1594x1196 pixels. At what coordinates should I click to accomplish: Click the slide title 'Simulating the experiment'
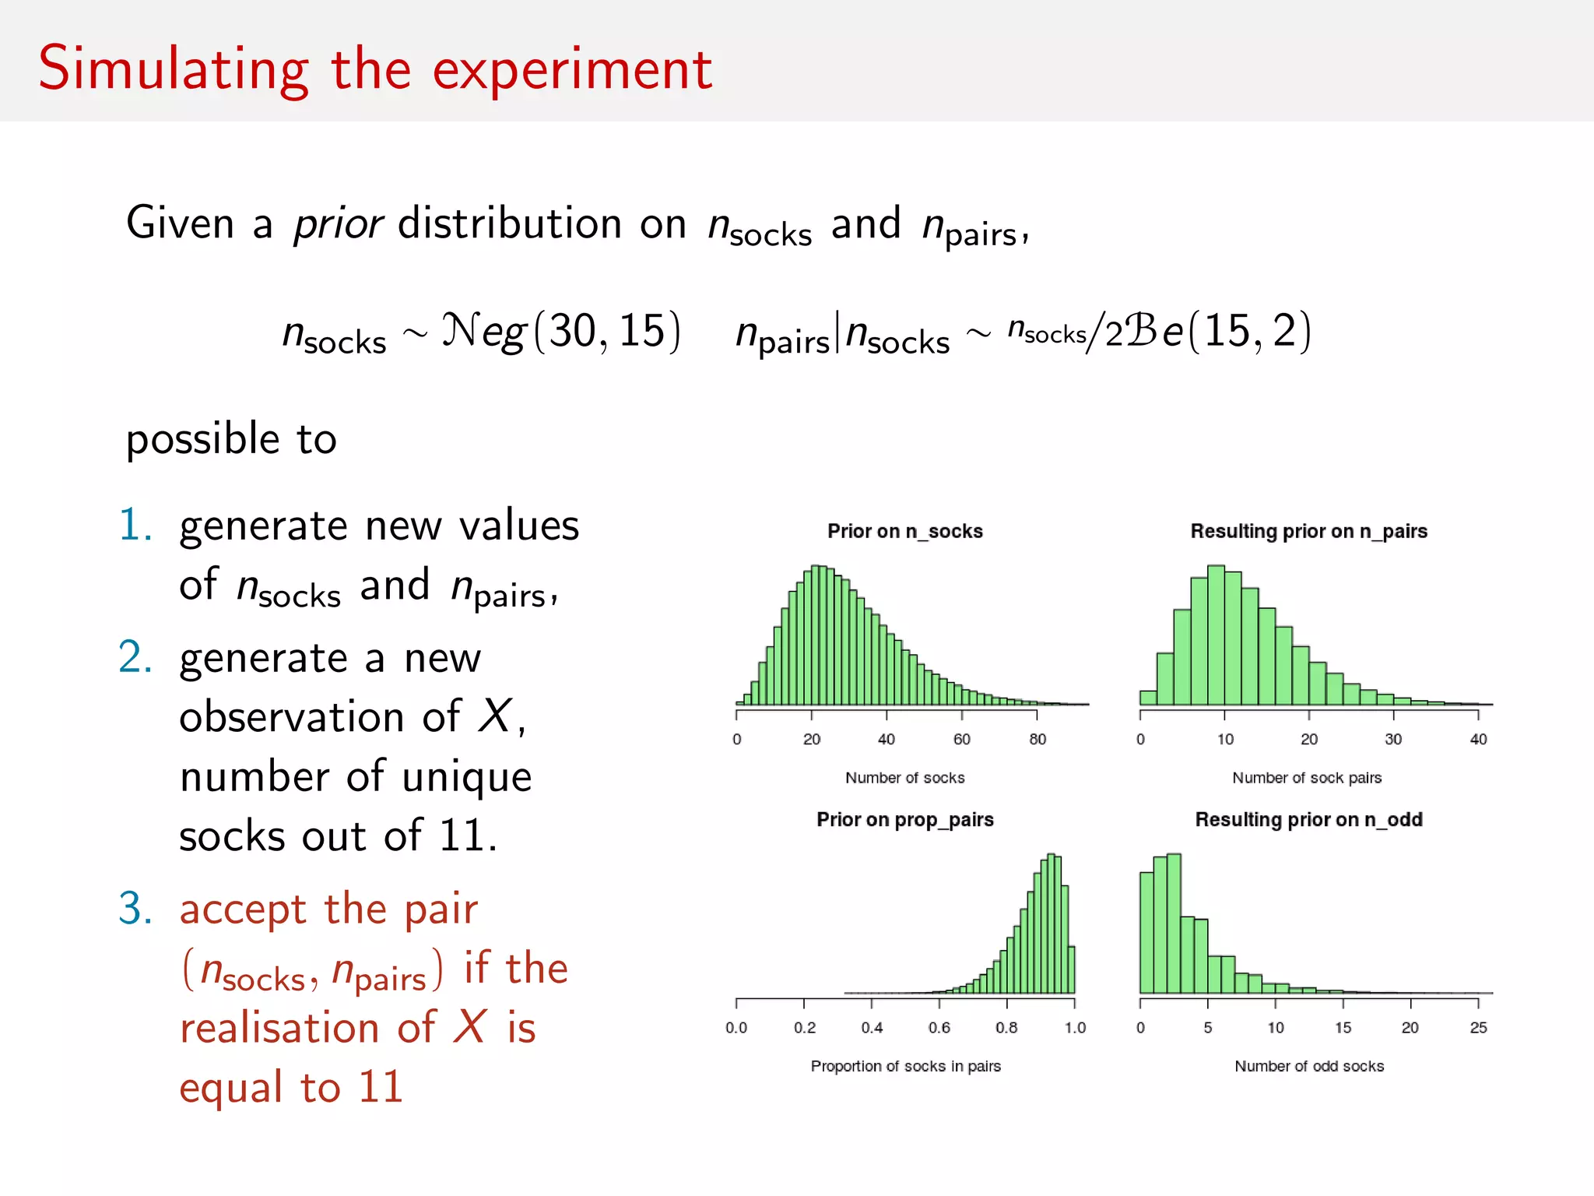coord(375,69)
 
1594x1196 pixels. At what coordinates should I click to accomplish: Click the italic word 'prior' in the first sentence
coord(338,224)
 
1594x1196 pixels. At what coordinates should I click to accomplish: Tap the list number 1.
coord(135,525)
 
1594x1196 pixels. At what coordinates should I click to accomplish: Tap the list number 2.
coord(135,657)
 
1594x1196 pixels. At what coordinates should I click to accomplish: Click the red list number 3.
coord(135,909)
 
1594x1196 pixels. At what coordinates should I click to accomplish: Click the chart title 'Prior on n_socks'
coord(904,531)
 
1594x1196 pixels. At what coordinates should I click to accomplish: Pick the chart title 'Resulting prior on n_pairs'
coord(1308,531)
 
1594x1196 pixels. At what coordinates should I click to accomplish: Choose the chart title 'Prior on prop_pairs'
coord(904,819)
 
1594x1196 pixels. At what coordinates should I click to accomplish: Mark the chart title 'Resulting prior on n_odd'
coord(1308,819)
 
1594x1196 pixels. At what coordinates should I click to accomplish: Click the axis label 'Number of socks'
coord(904,778)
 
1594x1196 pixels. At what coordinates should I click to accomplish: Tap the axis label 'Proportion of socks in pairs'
coord(905,1066)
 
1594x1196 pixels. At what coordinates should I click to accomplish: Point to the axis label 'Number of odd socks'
coord(1309,1066)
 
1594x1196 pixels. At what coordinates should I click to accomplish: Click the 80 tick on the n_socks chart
coord(1038,739)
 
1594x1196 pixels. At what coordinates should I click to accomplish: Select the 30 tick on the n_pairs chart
coord(1393,739)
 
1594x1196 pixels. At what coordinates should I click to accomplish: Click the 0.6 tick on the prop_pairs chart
coord(939,1028)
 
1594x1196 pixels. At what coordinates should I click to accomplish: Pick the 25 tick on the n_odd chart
coord(1478,1028)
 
